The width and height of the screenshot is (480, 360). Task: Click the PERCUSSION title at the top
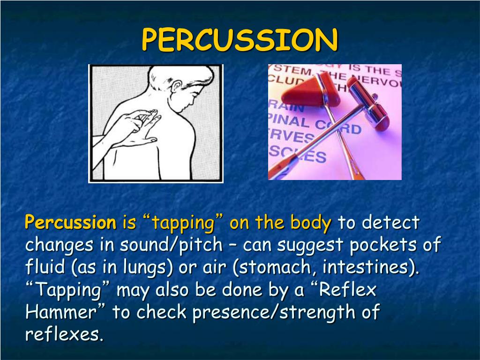point(240,40)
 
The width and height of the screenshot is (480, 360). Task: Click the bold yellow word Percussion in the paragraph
point(70,223)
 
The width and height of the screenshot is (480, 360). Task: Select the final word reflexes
point(63,334)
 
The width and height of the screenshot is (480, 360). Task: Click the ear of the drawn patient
point(176,87)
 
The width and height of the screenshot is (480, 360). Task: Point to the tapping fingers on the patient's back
point(141,117)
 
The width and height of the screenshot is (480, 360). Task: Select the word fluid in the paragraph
point(46,268)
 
